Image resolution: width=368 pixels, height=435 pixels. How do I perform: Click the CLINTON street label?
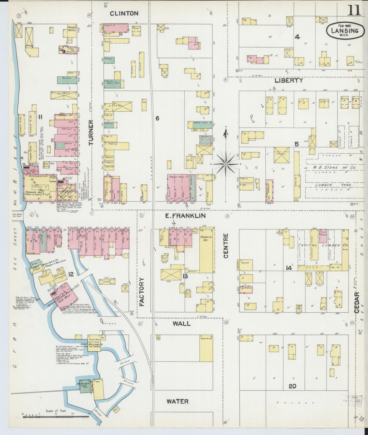tap(124, 13)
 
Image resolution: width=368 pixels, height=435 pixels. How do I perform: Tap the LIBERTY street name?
tap(289, 81)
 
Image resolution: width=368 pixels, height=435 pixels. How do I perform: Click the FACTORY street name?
tap(142, 292)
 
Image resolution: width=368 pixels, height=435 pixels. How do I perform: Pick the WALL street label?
tap(182, 324)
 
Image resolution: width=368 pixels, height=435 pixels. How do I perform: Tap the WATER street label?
tap(178, 401)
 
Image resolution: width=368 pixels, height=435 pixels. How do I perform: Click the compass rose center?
tap(226, 164)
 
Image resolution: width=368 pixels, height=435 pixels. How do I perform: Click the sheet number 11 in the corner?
tap(354, 10)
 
